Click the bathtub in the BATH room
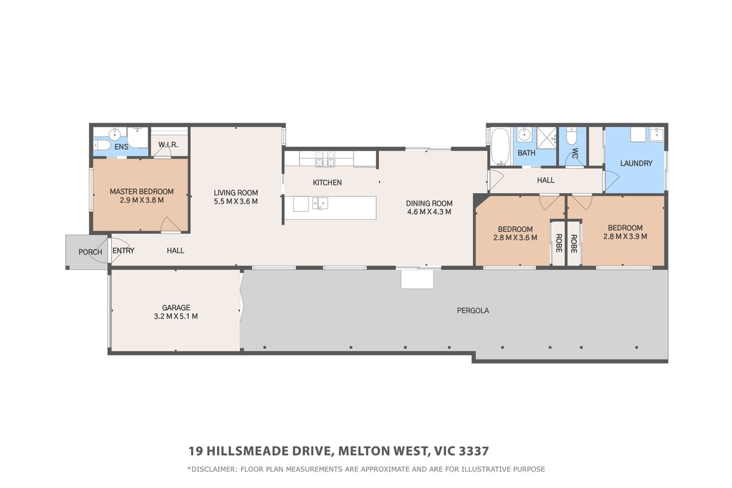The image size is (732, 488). point(501,147)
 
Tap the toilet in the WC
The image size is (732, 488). point(572,136)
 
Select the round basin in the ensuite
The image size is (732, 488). point(114,133)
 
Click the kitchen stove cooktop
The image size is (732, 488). point(325,159)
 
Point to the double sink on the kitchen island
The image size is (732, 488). point(320,203)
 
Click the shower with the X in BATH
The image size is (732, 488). point(547,138)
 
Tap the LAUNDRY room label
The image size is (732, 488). point(636,163)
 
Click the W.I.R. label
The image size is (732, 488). point(168,145)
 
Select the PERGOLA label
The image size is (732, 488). point(473,310)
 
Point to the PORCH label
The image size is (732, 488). point(90,252)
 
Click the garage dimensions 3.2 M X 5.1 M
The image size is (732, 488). point(176,316)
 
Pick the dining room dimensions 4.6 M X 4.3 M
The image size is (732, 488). point(429,212)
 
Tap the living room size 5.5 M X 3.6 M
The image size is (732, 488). point(236,202)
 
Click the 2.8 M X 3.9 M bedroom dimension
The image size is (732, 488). point(625,236)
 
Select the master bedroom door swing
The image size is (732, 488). point(170,224)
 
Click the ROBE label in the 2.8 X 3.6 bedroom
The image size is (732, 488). point(559,243)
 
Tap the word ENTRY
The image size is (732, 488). point(123,251)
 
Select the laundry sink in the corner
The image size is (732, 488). point(656,135)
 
